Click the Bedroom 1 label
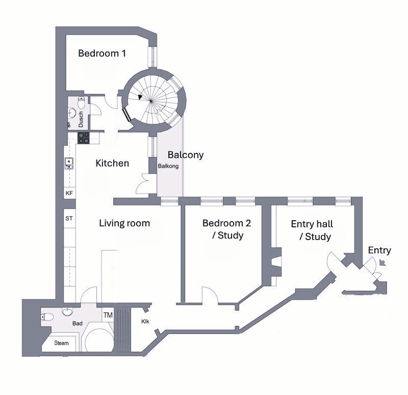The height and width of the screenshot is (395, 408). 102,54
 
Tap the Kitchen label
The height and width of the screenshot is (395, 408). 112,163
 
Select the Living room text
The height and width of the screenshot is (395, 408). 124,223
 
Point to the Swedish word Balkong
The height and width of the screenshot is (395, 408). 168,166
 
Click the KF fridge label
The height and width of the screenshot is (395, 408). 69,193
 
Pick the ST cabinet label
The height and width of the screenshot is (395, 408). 69,219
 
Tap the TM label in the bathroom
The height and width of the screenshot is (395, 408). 108,315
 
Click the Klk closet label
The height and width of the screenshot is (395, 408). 145,322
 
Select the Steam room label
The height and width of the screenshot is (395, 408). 61,343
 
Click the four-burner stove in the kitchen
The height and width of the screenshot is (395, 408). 84,138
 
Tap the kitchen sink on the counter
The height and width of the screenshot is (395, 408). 69,163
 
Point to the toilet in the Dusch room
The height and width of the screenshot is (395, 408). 82,103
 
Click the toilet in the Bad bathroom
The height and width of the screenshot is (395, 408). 47,317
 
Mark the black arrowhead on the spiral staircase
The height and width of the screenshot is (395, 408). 140,97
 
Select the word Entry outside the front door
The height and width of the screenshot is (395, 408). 379,250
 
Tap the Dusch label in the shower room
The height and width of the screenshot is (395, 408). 81,119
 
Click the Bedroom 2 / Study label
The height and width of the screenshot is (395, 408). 226,229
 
